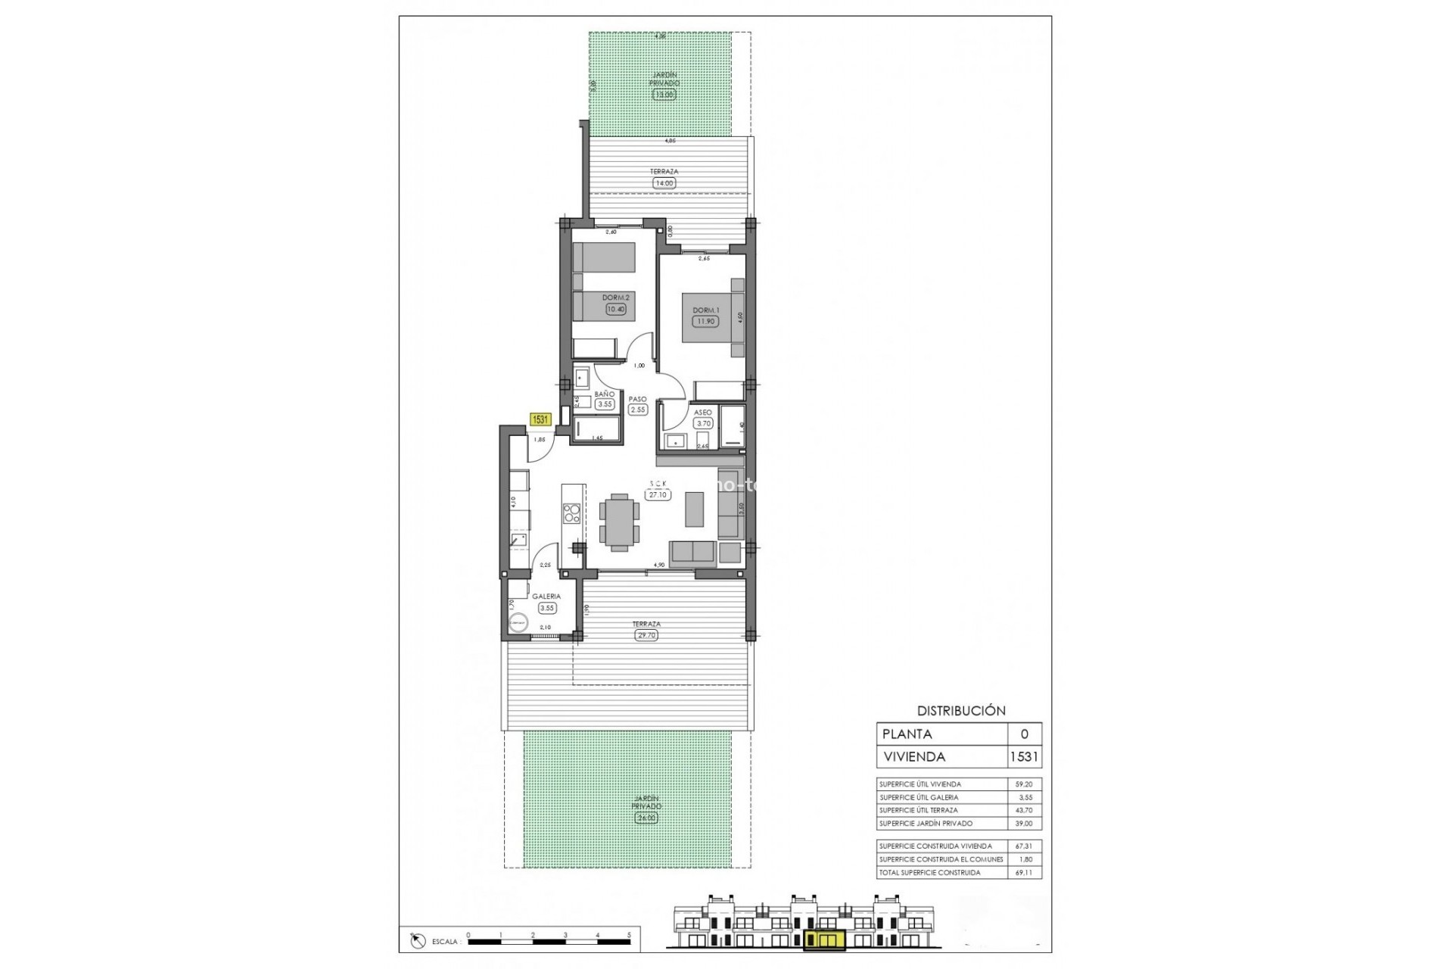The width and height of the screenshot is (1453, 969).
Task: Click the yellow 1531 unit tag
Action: click(540, 419)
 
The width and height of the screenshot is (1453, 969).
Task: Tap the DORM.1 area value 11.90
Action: click(705, 321)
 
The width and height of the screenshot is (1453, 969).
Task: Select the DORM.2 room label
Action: click(616, 298)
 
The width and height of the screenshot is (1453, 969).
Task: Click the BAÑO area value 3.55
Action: click(604, 404)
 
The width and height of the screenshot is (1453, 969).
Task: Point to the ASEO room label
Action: click(703, 413)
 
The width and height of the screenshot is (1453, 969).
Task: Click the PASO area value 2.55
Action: click(638, 410)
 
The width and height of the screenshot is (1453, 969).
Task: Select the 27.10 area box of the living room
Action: click(657, 494)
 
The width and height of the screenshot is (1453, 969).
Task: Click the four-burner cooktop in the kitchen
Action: click(572, 513)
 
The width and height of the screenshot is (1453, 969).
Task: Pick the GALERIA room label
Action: click(546, 597)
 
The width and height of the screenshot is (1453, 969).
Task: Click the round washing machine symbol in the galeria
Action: click(518, 623)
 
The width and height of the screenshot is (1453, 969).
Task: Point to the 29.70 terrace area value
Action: click(646, 635)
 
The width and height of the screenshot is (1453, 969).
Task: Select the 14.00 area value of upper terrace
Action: click(664, 182)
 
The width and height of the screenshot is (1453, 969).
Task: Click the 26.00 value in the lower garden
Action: click(646, 818)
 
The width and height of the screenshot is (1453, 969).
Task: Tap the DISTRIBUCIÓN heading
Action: click(961, 711)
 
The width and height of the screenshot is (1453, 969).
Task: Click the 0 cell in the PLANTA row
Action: click(1025, 734)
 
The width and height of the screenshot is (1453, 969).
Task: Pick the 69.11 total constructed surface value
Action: click(1024, 872)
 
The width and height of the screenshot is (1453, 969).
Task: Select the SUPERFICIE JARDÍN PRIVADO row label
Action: click(926, 823)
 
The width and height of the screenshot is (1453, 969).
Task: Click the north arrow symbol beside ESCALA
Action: click(417, 941)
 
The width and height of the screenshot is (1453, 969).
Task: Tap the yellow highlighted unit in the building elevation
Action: click(823, 940)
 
